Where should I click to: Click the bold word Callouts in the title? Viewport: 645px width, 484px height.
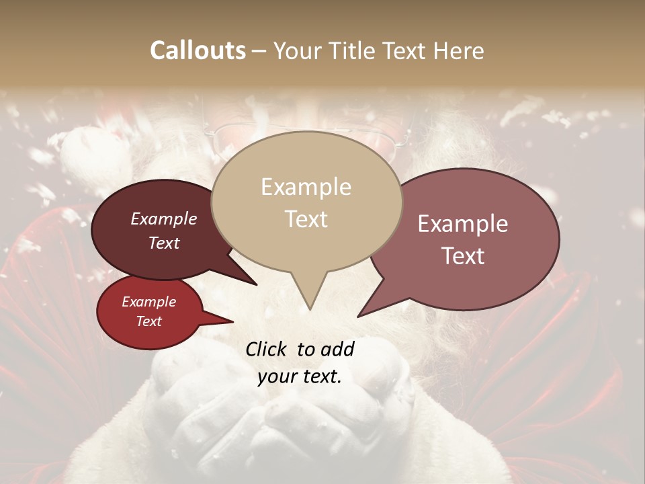(198, 50)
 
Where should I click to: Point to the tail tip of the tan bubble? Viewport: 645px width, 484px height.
(310, 309)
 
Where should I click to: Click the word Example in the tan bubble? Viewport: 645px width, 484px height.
(306, 187)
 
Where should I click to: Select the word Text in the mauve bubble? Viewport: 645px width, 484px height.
(464, 256)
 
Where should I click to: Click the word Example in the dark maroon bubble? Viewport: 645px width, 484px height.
(164, 219)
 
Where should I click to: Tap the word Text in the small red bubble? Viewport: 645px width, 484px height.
(149, 321)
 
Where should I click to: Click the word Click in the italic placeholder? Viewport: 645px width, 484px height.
(267, 349)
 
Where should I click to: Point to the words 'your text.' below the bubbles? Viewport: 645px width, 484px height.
(300, 376)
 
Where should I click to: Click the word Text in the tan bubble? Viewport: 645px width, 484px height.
(306, 219)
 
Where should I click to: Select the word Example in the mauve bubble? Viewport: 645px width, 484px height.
(463, 224)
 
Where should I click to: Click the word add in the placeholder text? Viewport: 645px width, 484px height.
(338, 349)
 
